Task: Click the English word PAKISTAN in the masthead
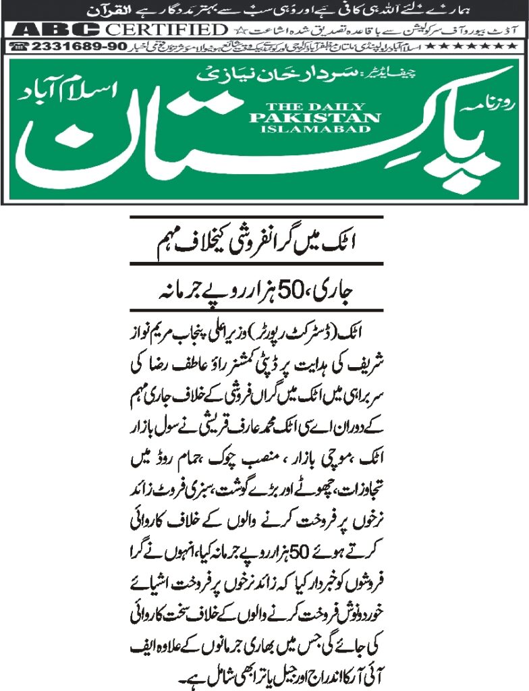tap(323, 117)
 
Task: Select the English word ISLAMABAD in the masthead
tap(323, 128)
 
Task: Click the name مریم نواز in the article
tap(161, 334)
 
